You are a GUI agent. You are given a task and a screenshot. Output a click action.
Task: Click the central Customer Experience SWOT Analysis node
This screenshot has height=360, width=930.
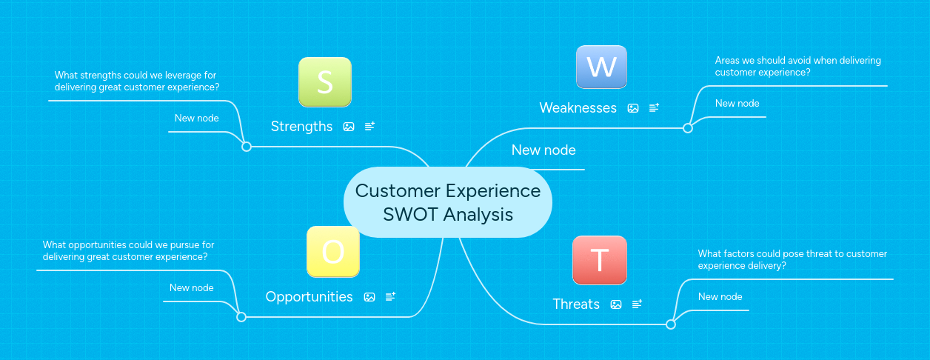pos(448,202)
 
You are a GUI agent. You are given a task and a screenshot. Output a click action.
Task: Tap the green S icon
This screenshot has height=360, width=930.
pos(324,82)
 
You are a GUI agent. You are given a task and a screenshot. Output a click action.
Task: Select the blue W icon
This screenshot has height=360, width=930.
pos(601,67)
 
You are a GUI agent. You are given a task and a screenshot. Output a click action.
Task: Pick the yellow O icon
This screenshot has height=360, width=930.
pos(333,252)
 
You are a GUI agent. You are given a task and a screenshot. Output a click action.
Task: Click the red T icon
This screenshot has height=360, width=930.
pos(599,260)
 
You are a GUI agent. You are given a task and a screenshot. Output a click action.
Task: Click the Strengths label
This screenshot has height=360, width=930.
pos(301,127)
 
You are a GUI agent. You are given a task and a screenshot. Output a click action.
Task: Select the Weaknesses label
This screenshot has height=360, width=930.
pos(578,108)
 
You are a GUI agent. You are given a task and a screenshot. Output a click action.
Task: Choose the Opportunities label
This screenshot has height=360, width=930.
pos(309,297)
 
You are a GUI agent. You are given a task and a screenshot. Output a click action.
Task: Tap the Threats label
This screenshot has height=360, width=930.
pos(576,304)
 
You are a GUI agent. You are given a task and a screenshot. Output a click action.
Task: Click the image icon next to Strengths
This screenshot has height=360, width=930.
pos(349,127)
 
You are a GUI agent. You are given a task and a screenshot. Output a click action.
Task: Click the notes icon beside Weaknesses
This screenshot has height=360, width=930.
pos(654,108)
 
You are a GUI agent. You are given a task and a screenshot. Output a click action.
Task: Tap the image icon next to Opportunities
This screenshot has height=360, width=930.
pos(369,297)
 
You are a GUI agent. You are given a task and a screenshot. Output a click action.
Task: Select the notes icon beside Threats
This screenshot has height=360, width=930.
pos(637,304)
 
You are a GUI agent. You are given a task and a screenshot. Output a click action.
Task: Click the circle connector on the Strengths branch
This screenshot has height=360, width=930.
pos(247,147)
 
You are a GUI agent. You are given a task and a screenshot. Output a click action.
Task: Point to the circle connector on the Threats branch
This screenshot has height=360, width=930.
pos(671,324)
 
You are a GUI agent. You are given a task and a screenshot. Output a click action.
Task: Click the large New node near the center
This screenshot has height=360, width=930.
pos(543,150)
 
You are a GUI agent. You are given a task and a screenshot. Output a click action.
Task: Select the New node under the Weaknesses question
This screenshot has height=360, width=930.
pos(737,104)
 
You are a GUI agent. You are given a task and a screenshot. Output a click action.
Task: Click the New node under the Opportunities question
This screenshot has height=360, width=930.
pos(191,288)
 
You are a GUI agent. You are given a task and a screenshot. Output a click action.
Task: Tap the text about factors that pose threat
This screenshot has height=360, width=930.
pos(792,259)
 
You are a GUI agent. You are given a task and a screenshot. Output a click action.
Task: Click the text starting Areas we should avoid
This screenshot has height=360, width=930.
pos(797,67)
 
